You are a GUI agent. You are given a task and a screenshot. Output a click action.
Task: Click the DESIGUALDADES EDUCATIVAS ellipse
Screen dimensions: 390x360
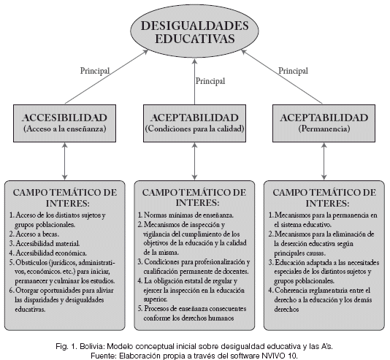[x=195, y=32]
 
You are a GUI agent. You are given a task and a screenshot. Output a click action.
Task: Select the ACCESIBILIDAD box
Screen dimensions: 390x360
[x=65, y=123]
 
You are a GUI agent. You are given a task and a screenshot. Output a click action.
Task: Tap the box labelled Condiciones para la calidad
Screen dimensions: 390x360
[x=194, y=123]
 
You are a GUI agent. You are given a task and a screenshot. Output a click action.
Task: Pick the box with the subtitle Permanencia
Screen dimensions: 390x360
[x=324, y=123]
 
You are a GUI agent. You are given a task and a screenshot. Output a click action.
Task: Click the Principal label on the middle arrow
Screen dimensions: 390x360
[x=210, y=81]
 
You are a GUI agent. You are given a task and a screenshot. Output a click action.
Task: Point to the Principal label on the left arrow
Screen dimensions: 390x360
[x=95, y=71]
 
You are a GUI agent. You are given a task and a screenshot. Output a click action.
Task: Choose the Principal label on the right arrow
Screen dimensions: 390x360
[x=293, y=71]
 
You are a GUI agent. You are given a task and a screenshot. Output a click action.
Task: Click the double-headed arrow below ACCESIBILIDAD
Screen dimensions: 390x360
[x=65, y=161]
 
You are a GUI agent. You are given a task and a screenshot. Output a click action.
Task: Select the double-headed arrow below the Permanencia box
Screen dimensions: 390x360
[x=324, y=161]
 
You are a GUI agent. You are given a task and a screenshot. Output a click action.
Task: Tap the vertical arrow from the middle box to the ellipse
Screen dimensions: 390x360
[x=195, y=81]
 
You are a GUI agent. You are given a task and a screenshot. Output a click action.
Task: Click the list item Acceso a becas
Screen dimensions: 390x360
[x=34, y=234]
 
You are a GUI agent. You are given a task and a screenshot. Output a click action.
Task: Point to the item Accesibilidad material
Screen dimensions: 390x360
[x=45, y=243]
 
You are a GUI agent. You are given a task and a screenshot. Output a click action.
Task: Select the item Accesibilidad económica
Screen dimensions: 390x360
[x=48, y=253]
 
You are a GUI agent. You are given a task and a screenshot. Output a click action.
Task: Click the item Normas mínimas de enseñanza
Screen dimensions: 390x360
[x=186, y=215]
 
